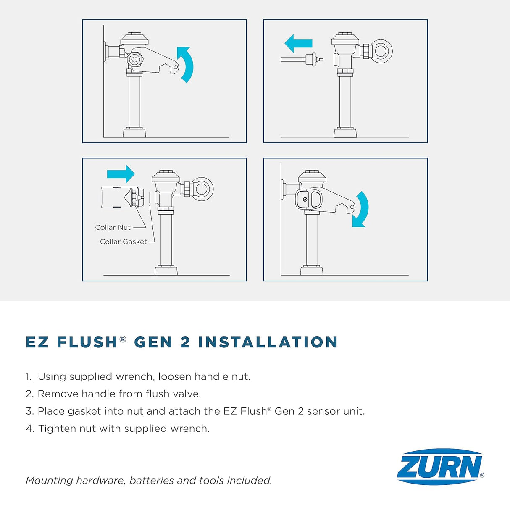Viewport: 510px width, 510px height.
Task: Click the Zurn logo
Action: pos(440,466)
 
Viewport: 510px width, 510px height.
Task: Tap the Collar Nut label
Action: pos(113,227)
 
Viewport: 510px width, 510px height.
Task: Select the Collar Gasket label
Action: pos(123,242)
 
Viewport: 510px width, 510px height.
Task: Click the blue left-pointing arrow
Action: pos(298,43)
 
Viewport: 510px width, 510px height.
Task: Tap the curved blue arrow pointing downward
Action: pos(360,209)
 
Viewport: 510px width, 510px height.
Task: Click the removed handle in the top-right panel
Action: pos(302,59)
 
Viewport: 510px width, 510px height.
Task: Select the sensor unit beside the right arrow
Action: pos(119,197)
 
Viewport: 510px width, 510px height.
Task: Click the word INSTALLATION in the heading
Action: pos(268,342)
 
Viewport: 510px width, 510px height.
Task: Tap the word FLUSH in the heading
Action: pos(87,342)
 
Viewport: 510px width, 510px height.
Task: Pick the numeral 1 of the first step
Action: pos(28,376)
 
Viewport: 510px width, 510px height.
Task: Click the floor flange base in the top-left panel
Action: pos(134,133)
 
